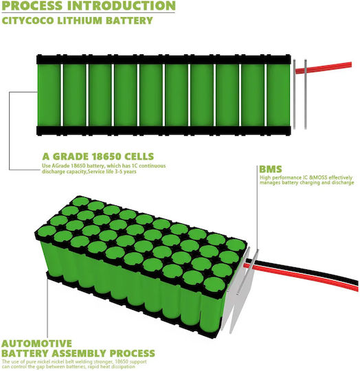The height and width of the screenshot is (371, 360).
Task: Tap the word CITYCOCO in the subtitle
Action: [x=27, y=21]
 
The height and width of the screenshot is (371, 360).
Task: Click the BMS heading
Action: [x=271, y=169]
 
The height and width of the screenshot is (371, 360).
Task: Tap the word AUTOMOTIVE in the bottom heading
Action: [x=36, y=344]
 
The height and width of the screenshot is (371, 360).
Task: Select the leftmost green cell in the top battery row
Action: [x=49, y=95]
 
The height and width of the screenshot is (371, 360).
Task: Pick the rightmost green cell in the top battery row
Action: [x=278, y=95]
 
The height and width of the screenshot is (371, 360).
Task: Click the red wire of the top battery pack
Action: [x=324, y=67]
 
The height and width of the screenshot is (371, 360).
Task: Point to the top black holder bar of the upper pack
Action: [x=164, y=60]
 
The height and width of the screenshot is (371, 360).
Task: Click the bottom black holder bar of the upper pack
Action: [x=164, y=131]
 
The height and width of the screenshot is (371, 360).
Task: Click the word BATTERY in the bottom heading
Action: [x=25, y=353]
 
